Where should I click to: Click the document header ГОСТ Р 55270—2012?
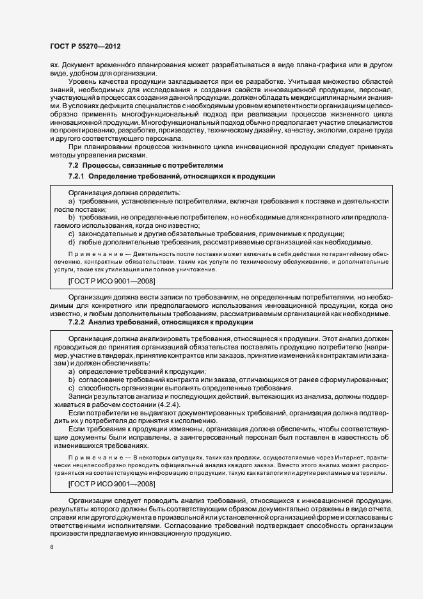coord(85,47)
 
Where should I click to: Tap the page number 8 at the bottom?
coord(52,547)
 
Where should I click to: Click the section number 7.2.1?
coord(77,175)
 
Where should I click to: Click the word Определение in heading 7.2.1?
coord(115,175)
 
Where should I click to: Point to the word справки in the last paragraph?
coord(65,517)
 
